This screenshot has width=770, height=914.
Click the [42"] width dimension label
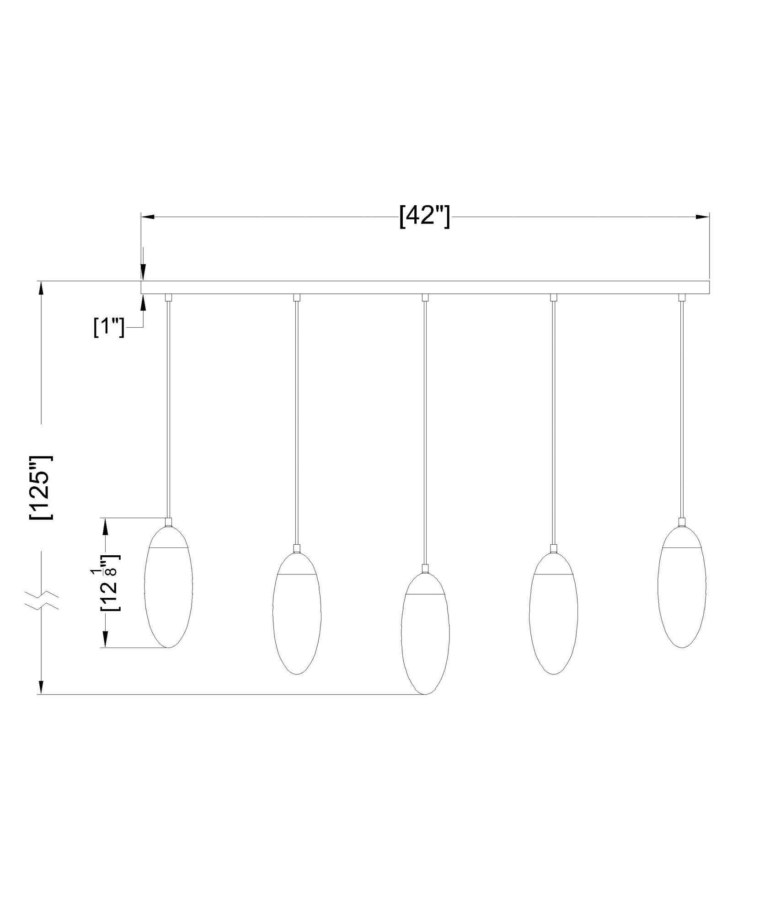pyautogui.click(x=424, y=216)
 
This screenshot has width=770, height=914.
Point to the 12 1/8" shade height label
pyautogui.click(x=109, y=583)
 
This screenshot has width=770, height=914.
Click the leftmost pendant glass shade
pyautogui.click(x=168, y=590)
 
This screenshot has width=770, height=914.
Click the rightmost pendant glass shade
pyautogui.click(x=682, y=590)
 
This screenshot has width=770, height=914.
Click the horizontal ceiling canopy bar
pyautogui.click(x=424, y=287)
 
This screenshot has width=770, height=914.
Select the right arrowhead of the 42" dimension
pyautogui.click(x=702, y=216)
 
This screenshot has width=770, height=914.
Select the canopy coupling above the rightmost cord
pyautogui.click(x=682, y=298)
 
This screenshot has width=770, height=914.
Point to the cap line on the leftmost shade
pyautogui.click(x=168, y=547)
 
